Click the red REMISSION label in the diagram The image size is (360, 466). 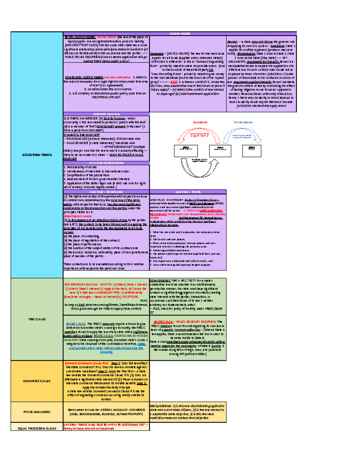coord(200,122)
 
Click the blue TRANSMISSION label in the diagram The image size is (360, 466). coord(243,122)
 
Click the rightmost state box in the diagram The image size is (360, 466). coord(251,151)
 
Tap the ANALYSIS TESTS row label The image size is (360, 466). coord(37,155)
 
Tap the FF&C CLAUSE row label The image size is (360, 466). coord(37,319)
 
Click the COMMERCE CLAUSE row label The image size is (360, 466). coord(37,381)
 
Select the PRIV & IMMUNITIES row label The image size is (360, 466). coord(37,412)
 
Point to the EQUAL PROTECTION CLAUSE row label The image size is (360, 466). coord(37,428)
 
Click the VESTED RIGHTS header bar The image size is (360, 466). coord(179,34)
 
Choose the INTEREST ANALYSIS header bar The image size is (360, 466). coord(106,114)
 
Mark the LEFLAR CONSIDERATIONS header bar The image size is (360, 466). coord(106,163)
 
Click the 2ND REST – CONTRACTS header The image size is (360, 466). coord(106,192)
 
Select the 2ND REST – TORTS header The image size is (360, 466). coord(188,192)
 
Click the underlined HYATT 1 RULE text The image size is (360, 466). coord(76,324)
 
